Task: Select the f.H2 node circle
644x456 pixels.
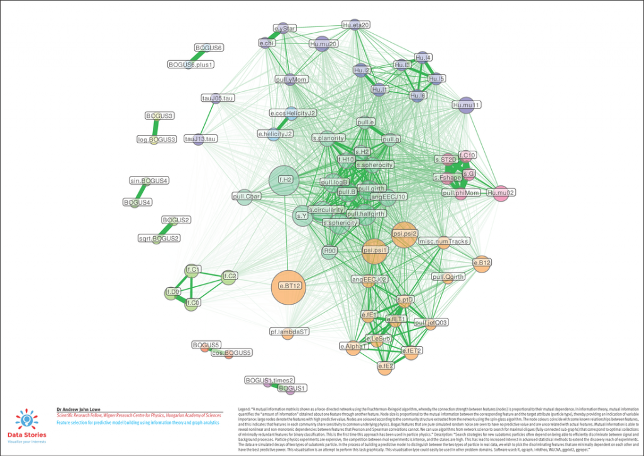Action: click(x=284, y=180)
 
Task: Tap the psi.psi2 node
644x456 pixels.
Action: click(x=404, y=233)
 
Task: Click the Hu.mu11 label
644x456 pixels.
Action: click(x=466, y=105)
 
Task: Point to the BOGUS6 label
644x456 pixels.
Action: click(x=209, y=48)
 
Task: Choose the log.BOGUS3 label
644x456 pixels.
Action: click(x=157, y=139)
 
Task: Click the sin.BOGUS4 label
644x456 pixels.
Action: click(x=148, y=181)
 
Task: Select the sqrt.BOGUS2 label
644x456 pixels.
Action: click(x=159, y=239)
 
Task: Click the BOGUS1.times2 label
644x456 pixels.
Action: click(x=269, y=381)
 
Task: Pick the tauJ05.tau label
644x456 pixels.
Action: click(x=218, y=98)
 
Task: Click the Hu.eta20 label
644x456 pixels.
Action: click(x=356, y=25)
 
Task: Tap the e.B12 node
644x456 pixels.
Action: click(x=482, y=262)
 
